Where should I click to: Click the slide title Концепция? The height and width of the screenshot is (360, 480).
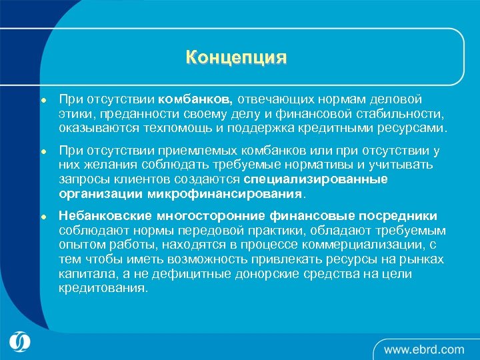point(236,57)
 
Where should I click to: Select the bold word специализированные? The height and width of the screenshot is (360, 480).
point(315,179)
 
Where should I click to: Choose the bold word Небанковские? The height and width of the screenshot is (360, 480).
point(105,216)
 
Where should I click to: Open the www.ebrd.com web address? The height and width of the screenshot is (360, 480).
point(423,349)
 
